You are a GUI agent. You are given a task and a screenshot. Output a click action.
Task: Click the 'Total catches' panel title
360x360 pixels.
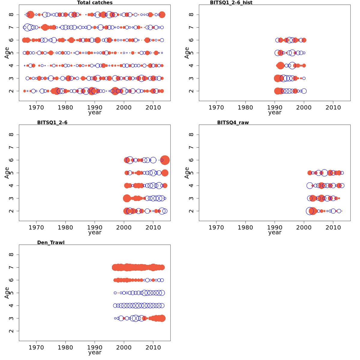pyautogui.click(x=95, y=3)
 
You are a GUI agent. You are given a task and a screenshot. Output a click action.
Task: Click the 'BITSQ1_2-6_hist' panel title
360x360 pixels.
pyautogui.click(x=231, y=3)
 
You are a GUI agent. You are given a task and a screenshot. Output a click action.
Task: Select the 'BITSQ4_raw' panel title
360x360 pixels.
pyautogui.click(x=233, y=122)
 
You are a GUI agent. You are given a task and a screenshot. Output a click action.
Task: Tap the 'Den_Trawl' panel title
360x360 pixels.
pyautogui.click(x=51, y=242)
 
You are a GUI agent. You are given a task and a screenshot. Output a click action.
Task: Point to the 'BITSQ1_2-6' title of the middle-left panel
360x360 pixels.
pyautogui.click(x=52, y=122)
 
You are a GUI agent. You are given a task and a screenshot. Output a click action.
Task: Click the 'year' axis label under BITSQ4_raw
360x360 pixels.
pyautogui.click(x=275, y=232)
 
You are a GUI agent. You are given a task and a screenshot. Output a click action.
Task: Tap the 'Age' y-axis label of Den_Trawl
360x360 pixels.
pyautogui.click(x=7, y=293)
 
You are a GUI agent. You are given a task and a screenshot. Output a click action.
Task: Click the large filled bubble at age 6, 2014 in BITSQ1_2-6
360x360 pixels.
pyautogui.click(x=165, y=160)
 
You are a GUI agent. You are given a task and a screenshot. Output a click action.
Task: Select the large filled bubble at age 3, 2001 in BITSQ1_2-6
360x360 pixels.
pyautogui.click(x=127, y=198)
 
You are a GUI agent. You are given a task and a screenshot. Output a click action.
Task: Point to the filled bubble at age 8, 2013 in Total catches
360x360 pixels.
pyautogui.click(x=162, y=14)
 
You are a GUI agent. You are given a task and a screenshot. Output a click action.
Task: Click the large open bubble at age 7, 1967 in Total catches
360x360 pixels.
pyautogui.click(x=28, y=27)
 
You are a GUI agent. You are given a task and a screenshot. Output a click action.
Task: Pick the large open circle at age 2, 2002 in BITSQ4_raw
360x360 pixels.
pyautogui.click(x=310, y=211)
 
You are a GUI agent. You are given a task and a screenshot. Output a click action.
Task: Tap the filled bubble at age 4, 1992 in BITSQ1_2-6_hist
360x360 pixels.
pyautogui.click(x=280, y=65)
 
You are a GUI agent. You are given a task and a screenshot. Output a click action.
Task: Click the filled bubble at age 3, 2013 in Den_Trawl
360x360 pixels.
pyautogui.click(x=162, y=318)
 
